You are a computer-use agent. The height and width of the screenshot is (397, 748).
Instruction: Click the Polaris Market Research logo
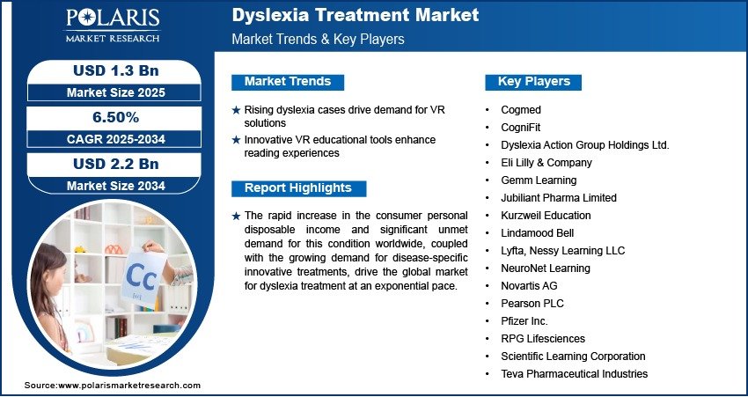(x=113, y=25)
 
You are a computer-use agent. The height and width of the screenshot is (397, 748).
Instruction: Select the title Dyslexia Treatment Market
(x=355, y=15)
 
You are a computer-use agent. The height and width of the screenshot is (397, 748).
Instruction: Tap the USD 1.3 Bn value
(x=115, y=70)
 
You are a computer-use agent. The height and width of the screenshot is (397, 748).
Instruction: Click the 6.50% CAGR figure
(x=115, y=117)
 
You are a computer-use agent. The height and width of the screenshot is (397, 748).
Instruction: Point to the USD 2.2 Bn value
(x=115, y=164)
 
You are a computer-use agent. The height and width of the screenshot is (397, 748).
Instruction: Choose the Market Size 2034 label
(x=115, y=186)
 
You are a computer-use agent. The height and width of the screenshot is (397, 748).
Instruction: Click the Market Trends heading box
(x=288, y=82)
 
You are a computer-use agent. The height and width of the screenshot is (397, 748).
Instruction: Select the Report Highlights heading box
(x=298, y=188)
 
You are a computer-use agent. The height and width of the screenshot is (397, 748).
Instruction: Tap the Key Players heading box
(x=533, y=82)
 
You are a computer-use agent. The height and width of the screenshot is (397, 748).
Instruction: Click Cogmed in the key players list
(x=520, y=110)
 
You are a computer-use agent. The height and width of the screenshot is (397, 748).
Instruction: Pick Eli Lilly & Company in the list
(x=546, y=163)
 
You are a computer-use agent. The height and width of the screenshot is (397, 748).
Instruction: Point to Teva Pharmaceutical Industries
(x=575, y=373)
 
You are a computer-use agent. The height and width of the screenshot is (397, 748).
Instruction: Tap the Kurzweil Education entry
(x=546, y=215)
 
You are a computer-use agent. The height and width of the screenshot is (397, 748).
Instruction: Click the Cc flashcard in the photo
(x=144, y=277)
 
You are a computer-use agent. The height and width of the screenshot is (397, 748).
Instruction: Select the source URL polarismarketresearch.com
(x=129, y=386)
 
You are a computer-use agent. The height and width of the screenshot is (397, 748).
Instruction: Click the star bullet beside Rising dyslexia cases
(x=236, y=110)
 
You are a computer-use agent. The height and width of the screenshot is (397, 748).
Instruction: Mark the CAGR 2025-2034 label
(x=115, y=139)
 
